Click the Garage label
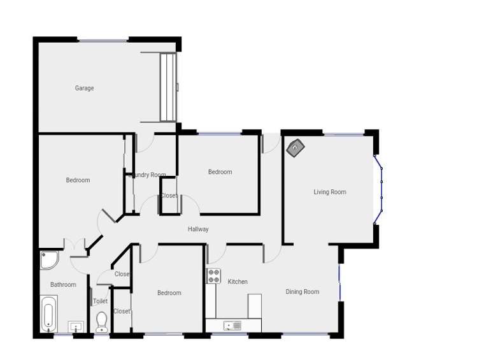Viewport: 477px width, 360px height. pos(84,88)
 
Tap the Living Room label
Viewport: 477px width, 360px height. pos(329,192)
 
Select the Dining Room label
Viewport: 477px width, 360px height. pos(302,292)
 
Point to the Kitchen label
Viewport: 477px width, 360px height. pos(238,282)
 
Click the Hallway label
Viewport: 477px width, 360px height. pos(198,229)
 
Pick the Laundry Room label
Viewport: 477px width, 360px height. pos(148,175)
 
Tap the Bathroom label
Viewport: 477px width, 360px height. pos(63,285)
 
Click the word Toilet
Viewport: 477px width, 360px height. pos(100,301)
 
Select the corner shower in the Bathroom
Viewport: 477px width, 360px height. pos(48,259)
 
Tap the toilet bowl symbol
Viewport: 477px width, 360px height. pos(101,321)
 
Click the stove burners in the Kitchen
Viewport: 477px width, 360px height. pos(213,276)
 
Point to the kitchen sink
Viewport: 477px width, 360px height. pos(232,326)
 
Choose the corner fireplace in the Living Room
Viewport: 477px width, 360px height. pos(295,148)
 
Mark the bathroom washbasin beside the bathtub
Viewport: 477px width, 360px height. pos(76,327)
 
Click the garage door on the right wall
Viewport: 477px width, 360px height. pos(168,87)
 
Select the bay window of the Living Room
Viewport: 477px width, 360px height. pos(380,189)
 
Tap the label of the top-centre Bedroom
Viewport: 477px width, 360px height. pos(220,172)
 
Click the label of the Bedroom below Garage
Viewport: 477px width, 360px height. pos(78,180)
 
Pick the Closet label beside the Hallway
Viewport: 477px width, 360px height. pos(169,196)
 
